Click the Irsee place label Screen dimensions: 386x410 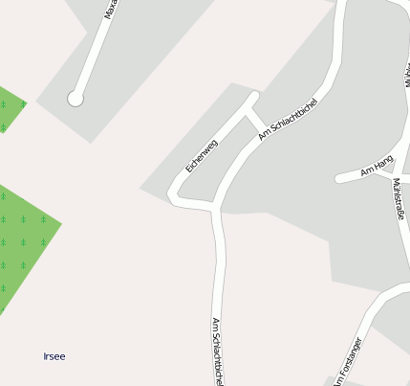(54, 356)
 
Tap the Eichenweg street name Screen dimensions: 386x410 (202, 155)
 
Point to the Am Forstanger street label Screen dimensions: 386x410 (347, 361)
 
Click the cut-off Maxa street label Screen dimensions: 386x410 (111, 9)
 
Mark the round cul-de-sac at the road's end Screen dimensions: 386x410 (76, 98)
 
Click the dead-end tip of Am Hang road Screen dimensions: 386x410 (339, 178)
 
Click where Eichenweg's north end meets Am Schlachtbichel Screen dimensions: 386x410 (254, 97)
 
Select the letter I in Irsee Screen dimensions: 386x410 (45, 356)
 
